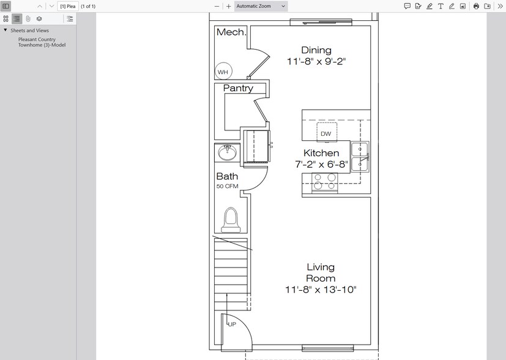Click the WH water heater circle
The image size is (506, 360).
coord(223,72)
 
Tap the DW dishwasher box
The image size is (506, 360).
coord(326,133)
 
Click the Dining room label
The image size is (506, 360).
coord(316,50)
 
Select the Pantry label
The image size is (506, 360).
coord(238,88)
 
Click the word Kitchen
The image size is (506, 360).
coord(321,153)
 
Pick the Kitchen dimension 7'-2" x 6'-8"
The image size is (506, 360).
coord(321,164)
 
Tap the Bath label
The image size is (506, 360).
coord(227,176)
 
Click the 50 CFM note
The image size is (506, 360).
coord(227,186)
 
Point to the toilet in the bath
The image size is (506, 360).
coord(231,220)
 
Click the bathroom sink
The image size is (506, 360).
coord(228,152)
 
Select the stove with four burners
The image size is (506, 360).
coord(324,182)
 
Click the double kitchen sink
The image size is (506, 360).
coord(360,156)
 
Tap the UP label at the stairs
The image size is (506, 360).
coord(232,324)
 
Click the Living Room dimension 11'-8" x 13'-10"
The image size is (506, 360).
coord(321,290)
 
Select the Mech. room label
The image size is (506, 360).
coord(231,32)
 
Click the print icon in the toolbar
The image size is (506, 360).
coord(476,6)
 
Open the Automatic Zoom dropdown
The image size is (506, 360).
coord(261,6)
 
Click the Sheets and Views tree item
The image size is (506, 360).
coord(29,30)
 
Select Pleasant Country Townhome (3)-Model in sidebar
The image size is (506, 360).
coord(42,42)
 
